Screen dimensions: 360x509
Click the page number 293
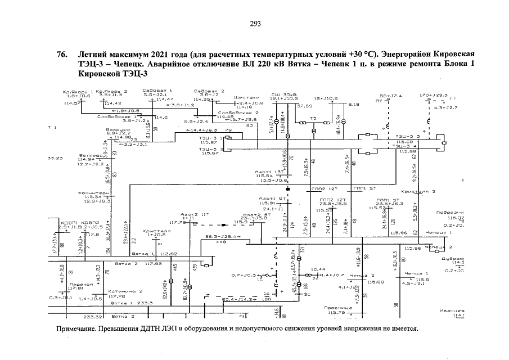tap(255, 24)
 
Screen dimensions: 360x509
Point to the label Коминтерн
tap(92, 192)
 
